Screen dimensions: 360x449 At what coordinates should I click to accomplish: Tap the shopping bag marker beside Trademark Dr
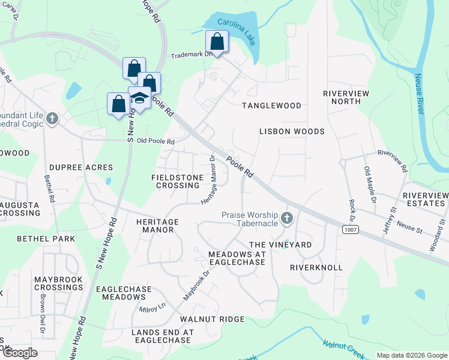pos(217,42)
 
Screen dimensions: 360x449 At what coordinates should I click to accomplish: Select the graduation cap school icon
pos(140,98)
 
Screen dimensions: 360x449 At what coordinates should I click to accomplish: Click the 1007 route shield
pos(350,229)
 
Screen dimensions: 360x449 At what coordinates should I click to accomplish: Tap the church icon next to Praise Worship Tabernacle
pos(287,218)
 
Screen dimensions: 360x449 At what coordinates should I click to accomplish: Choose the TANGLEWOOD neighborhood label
pos(271,106)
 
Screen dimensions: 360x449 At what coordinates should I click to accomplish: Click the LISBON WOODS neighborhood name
pos(292,131)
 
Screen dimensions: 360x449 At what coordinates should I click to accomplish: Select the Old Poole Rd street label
pos(155,142)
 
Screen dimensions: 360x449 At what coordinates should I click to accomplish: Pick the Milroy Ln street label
pos(152,309)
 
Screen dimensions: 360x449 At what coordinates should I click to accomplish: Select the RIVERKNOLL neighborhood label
pos(316,267)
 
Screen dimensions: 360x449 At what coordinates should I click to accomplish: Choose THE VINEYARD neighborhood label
pos(280,245)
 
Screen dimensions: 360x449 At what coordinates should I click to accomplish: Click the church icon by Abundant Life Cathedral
pos(52,119)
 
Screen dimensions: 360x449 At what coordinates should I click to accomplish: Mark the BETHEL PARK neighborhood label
pos(46,239)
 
